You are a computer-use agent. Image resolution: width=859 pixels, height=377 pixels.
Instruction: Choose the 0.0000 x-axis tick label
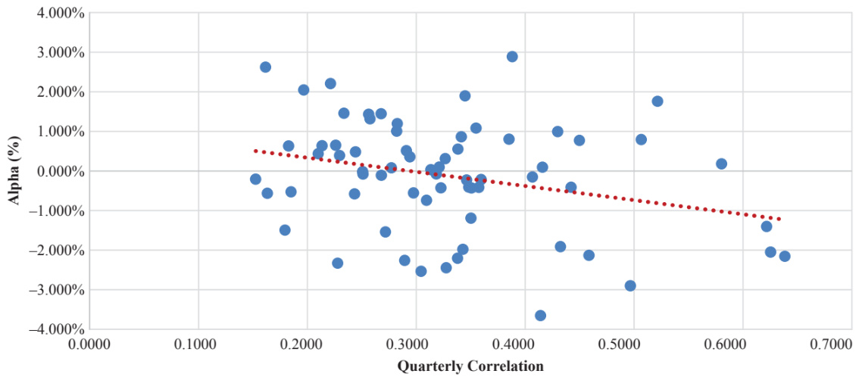point(89,344)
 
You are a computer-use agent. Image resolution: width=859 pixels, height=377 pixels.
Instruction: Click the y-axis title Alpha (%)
point(14,171)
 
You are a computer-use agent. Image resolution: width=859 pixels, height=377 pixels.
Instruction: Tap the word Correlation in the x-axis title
point(506,366)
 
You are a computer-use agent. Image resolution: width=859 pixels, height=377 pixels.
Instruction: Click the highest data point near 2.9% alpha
point(512,57)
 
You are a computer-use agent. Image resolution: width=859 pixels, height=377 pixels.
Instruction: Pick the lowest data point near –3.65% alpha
point(540,316)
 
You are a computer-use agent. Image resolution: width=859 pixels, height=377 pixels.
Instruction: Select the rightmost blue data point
point(785,257)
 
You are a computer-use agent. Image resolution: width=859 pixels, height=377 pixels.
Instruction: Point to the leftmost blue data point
point(255,179)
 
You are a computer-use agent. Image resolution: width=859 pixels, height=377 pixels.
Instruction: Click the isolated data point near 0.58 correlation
point(721,164)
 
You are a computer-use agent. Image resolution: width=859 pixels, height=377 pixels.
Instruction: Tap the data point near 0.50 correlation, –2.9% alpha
point(630,285)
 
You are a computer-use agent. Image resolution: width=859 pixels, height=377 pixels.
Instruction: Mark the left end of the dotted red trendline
point(255,151)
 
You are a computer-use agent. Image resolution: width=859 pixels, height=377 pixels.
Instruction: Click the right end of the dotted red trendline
point(779,220)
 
